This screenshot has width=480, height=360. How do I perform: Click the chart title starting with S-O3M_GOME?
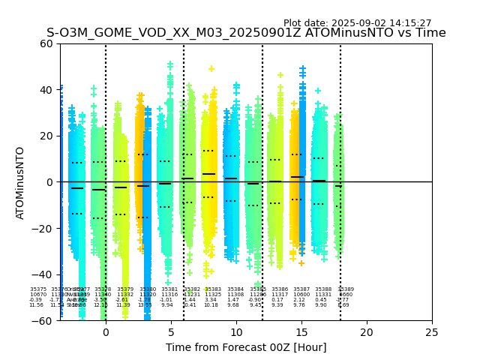point(246,33)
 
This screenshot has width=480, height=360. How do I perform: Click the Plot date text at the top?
point(357,23)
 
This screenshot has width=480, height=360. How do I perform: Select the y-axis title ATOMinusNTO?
point(20,182)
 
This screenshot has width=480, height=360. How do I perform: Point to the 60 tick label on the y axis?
point(46,43)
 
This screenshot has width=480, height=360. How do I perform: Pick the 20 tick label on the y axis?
point(46,136)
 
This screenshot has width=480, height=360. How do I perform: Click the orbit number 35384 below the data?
point(235,289)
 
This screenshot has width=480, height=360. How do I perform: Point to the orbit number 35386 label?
point(280,289)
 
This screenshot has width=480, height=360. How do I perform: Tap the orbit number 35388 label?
point(323,289)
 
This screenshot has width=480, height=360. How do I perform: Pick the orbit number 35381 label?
point(169,289)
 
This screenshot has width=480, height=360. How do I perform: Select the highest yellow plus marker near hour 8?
point(211,69)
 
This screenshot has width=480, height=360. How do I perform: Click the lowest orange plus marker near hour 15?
point(301,263)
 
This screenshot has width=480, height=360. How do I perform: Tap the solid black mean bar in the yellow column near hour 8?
point(208,174)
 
